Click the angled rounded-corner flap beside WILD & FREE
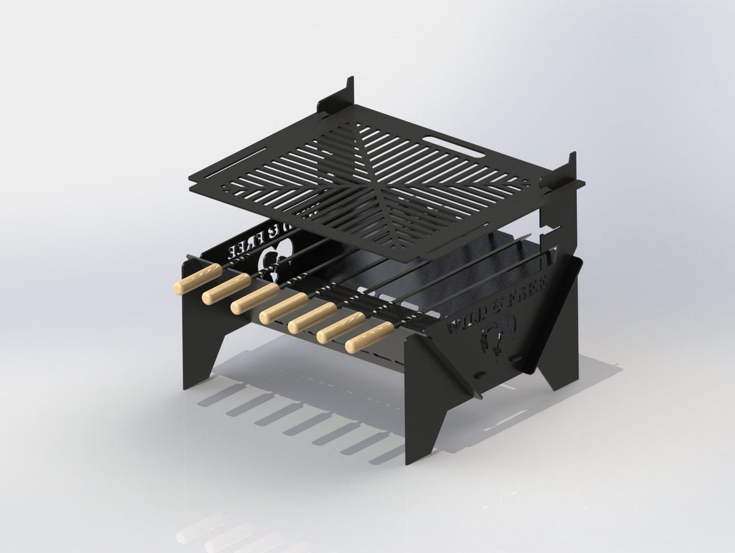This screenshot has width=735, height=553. [x=554, y=316]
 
